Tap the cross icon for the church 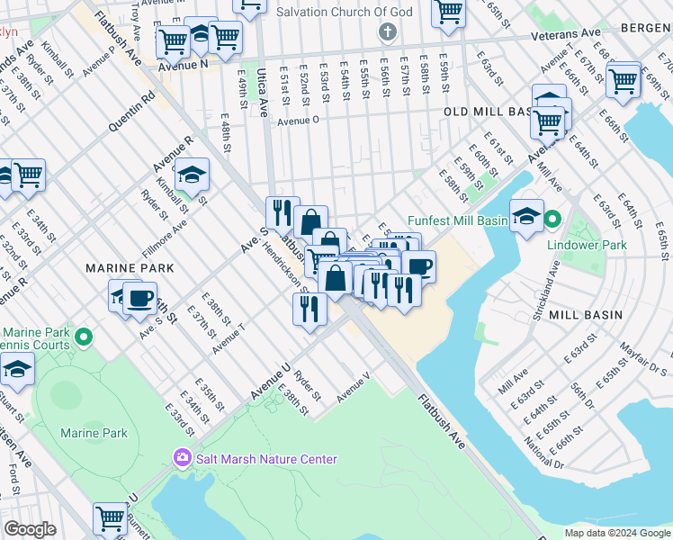pos(388,33)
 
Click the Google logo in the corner pos(30,528)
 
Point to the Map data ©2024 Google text pos(616,533)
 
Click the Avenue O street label pos(300,121)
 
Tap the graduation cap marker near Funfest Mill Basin pos(526,215)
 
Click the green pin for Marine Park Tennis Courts pos(84,338)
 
